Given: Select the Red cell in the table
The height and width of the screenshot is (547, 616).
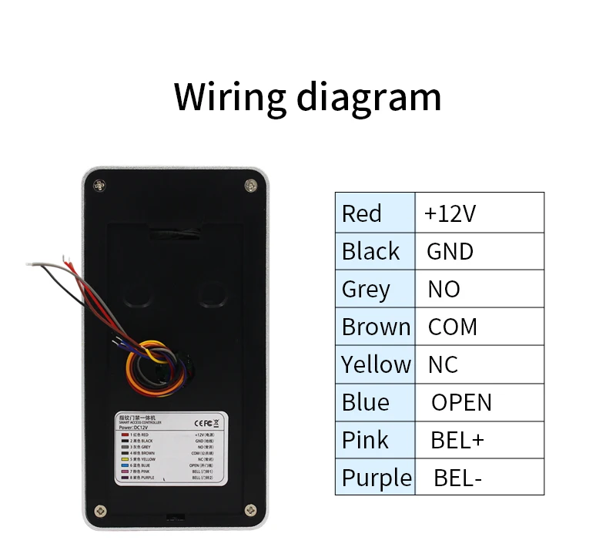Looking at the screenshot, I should point(362,213).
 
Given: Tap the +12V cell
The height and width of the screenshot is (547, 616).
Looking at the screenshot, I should point(450,213).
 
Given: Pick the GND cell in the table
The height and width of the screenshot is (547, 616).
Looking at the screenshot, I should point(450,251).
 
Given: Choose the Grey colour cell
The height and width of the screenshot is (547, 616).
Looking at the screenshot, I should point(366,289).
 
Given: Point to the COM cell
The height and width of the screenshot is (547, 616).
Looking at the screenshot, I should point(453,327).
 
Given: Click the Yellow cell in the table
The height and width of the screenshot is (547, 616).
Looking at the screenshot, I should point(376,364).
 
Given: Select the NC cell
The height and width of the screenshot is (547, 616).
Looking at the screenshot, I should point(444,364).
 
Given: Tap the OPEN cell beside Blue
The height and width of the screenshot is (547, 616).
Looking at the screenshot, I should point(461,401).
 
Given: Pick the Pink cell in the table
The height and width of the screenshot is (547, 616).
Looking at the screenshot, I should point(365,439).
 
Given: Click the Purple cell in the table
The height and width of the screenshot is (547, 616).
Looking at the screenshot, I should point(376,477).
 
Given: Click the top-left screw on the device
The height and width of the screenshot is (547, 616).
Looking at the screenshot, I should point(99,185).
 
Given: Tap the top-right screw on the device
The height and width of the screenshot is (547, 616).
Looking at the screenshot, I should point(251,185).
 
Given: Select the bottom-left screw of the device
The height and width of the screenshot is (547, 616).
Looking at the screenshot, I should point(100,510).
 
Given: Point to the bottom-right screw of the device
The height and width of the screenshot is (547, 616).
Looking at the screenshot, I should point(250,510).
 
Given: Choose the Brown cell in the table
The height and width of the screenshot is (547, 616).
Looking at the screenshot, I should point(376,327).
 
